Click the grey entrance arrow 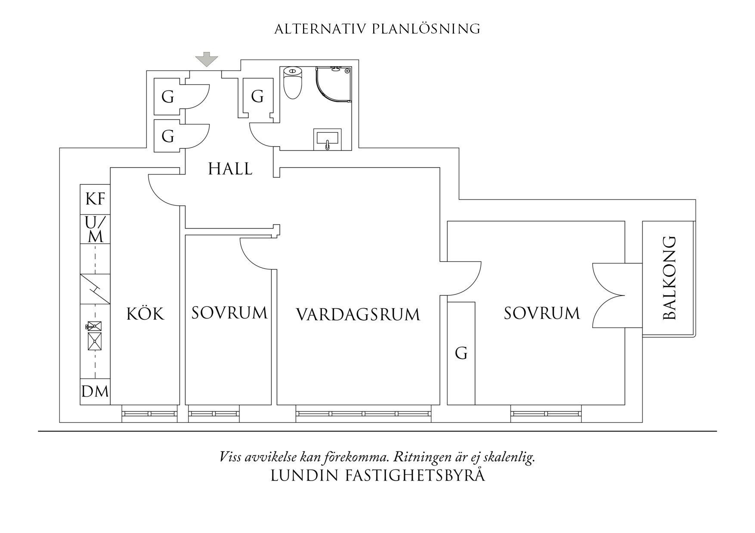click(x=207, y=59)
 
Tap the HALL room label click(x=230, y=169)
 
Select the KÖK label click(x=145, y=314)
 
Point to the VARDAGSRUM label click(x=358, y=315)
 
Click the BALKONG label click(x=670, y=278)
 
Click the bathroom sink click(x=328, y=139)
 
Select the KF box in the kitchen click(x=95, y=199)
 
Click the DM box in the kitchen click(x=95, y=392)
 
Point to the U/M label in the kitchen click(x=95, y=230)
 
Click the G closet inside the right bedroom click(x=461, y=353)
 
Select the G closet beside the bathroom click(x=257, y=96)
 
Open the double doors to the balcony click(x=608, y=295)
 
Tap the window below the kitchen click(x=149, y=414)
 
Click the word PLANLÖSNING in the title click(x=426, y=29)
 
